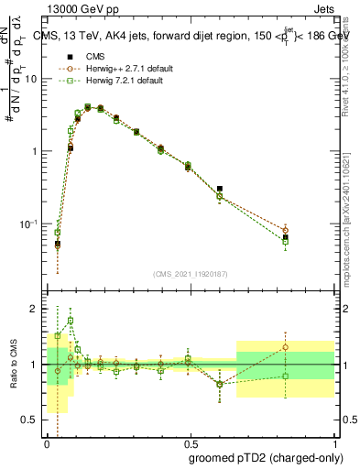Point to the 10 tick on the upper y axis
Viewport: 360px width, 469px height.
32,79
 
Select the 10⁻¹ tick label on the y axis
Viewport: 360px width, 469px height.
30,224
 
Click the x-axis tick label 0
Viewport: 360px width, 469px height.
47,442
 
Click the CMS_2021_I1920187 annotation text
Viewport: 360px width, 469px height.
191,274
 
